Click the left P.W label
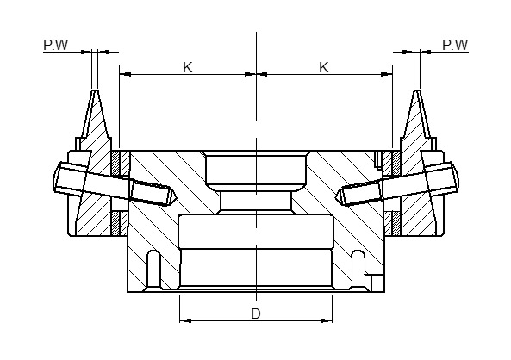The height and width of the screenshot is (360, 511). coord(56,45)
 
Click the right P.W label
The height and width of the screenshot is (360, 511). coord(455,45)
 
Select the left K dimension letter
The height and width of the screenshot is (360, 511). coord(187,67)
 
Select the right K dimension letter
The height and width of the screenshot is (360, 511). coord(324,67)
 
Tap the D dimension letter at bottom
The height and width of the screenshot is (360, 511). coord(256,313)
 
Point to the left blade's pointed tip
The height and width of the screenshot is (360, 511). coord(95,90)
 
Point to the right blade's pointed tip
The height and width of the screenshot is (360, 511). coord(417,90)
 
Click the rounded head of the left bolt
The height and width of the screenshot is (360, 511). coord(57,177)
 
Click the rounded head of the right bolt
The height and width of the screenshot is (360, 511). coord(455,177)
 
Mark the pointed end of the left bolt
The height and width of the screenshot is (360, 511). coord(176,197)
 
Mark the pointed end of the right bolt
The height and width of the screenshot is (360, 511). coord(337,197)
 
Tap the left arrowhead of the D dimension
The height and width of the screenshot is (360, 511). coord(185,321)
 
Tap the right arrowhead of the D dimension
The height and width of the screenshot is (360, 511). coord(327,321)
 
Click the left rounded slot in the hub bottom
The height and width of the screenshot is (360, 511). coord(154,269)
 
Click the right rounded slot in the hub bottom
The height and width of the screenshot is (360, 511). coord(358,269)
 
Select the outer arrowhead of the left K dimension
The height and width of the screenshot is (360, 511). coord(125,75)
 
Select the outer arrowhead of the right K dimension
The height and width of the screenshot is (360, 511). coord(387,75)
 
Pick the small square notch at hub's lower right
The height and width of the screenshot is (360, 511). coord(376,283)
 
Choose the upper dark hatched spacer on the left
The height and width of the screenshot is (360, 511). coord(115,163)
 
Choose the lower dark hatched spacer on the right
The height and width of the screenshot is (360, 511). coord(396,223)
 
